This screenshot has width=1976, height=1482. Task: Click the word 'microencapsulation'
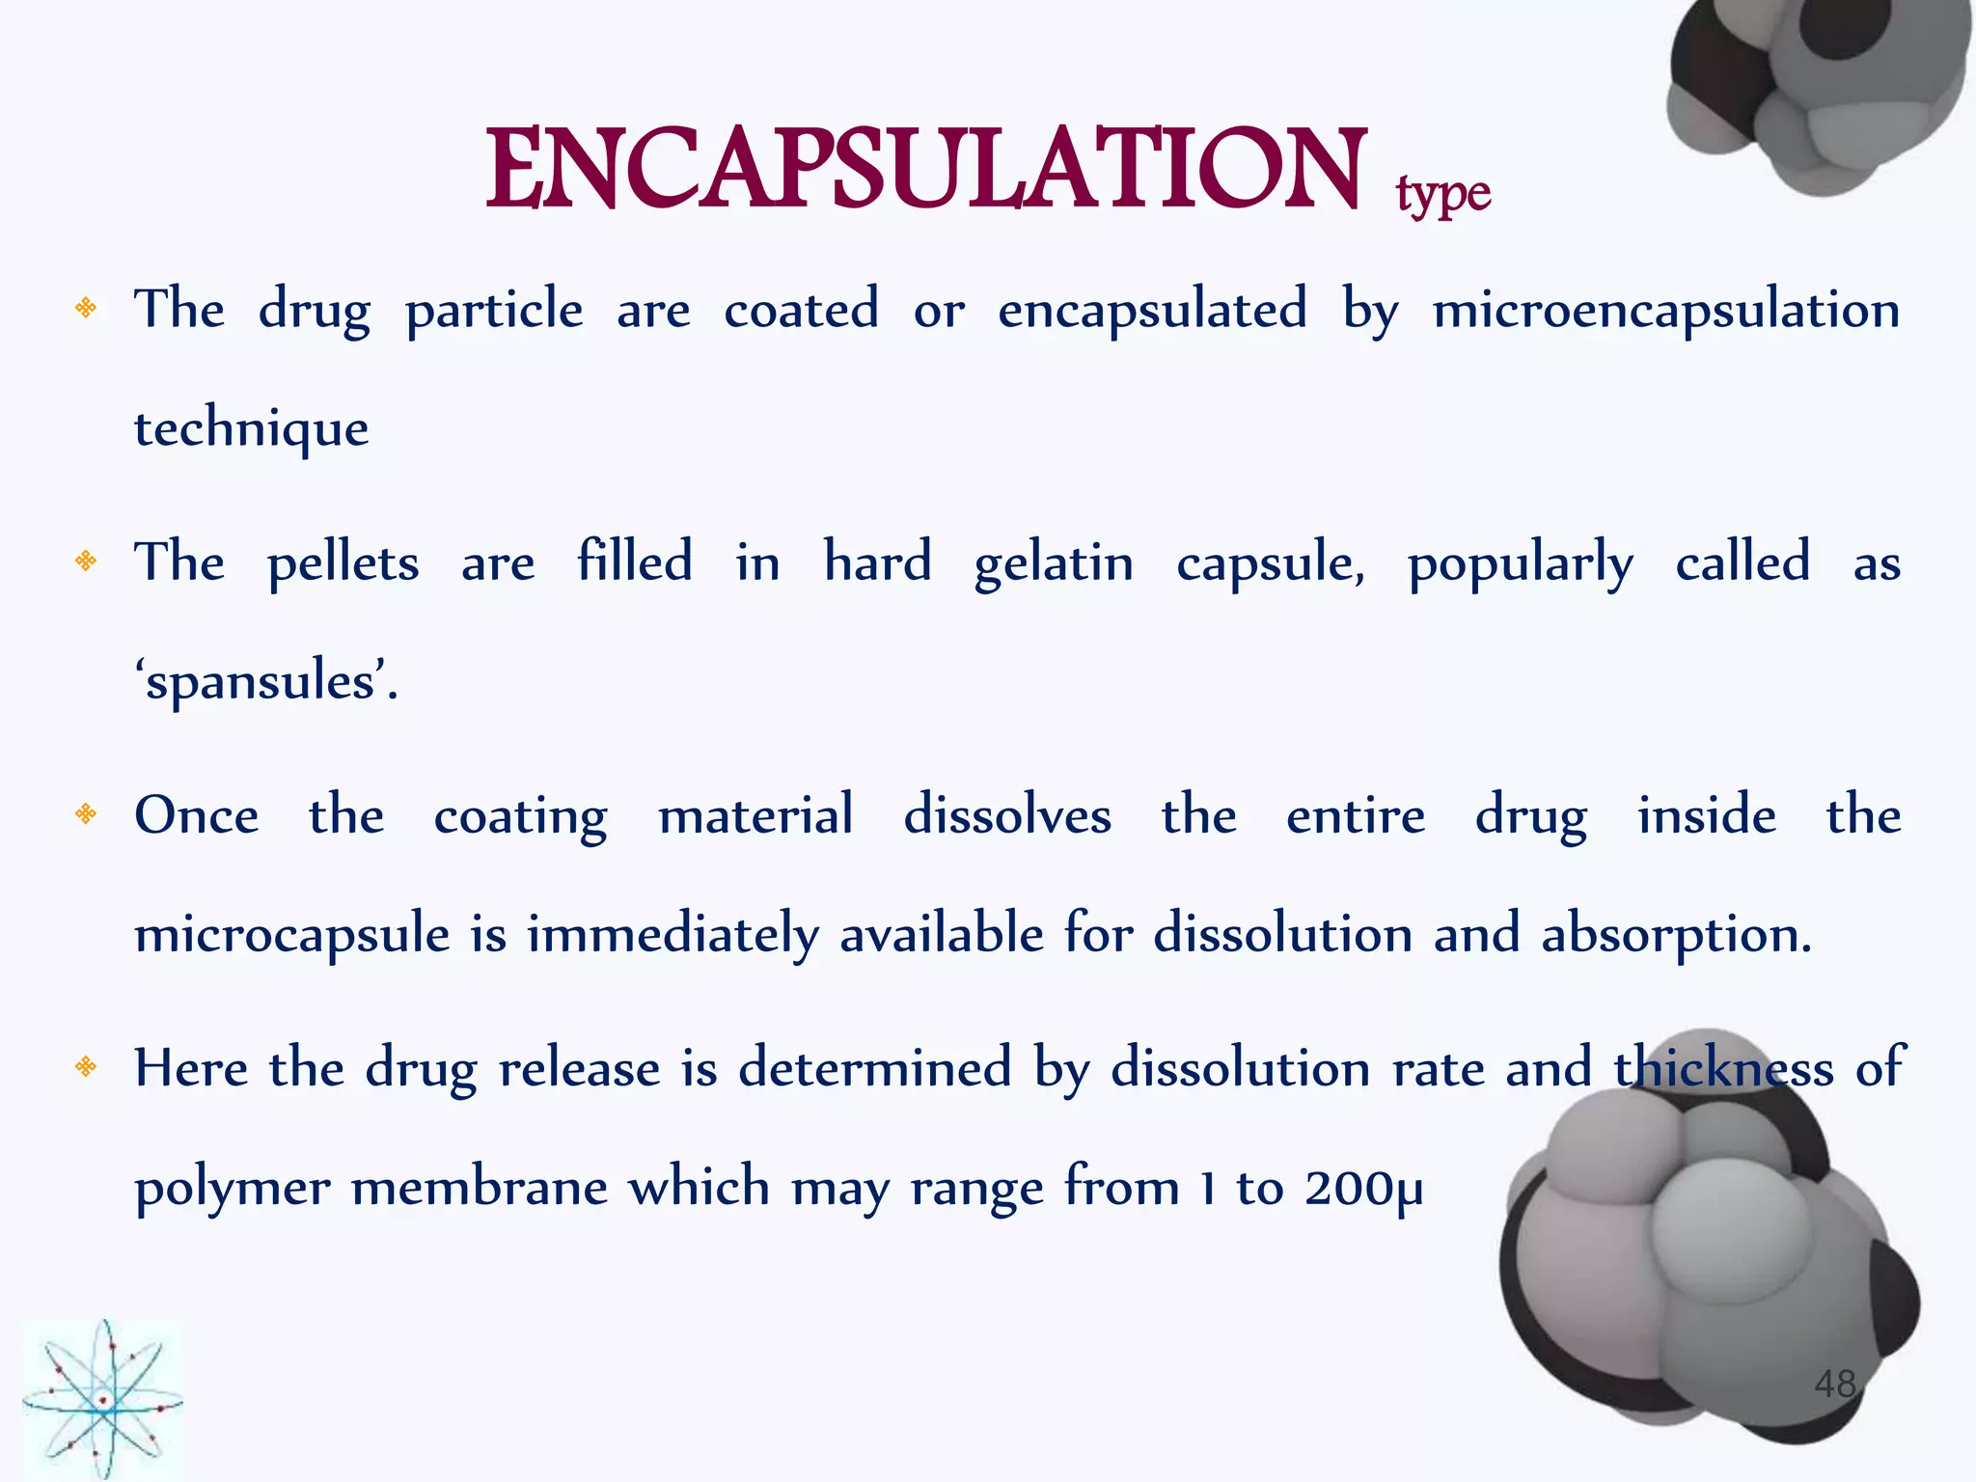tap(1666, 311)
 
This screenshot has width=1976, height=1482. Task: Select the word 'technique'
tap(251, 429)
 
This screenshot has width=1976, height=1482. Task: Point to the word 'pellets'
tap(343, 563)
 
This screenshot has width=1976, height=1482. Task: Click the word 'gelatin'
tap(1054, 563)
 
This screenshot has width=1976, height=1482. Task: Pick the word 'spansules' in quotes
tap(261, 683)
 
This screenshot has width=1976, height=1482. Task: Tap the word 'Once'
tap(197, 816)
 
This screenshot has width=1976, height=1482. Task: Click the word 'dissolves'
tap(1007, 816)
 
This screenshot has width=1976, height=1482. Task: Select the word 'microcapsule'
tap(292, 935)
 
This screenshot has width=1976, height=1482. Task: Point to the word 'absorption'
tap(1676, 935)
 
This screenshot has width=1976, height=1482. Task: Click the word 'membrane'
tap(480, 1188)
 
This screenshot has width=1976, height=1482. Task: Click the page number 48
tap(1834, 1384)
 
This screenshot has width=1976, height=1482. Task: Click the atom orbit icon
tap(102, 1400)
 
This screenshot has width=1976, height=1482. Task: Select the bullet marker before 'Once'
tap(87, 815)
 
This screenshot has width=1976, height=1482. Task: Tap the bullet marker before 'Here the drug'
tap(87, 1067)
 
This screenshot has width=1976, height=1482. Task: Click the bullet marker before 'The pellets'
tap(87, 561)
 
